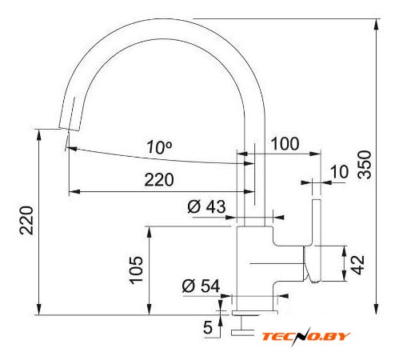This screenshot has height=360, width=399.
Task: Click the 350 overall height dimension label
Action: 365,164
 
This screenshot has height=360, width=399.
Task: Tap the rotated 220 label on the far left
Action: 27,220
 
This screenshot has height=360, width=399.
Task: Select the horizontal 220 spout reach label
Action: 159,179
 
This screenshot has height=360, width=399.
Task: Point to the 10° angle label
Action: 159,147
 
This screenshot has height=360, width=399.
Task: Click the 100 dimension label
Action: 285,143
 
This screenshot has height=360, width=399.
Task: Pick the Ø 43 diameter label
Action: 206,206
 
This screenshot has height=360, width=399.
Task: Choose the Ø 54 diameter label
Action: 201,286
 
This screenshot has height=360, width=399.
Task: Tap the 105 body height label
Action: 136,270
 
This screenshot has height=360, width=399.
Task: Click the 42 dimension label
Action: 357,265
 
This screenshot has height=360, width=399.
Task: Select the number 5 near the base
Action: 208,327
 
